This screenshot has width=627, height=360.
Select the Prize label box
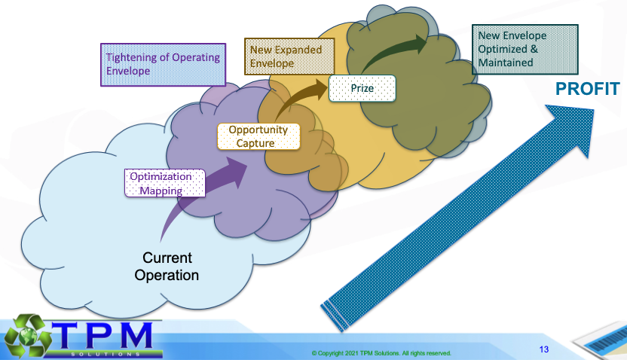pos(362,89)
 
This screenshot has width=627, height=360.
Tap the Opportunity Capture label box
pos(258,136)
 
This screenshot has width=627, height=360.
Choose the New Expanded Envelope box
pos(283,56)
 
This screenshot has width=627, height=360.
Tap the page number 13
pos(544,349)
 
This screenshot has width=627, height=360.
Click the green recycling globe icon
pos(24,337)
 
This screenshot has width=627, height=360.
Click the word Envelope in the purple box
pos(128,72)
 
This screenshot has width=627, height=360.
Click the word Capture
pos(258,142)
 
